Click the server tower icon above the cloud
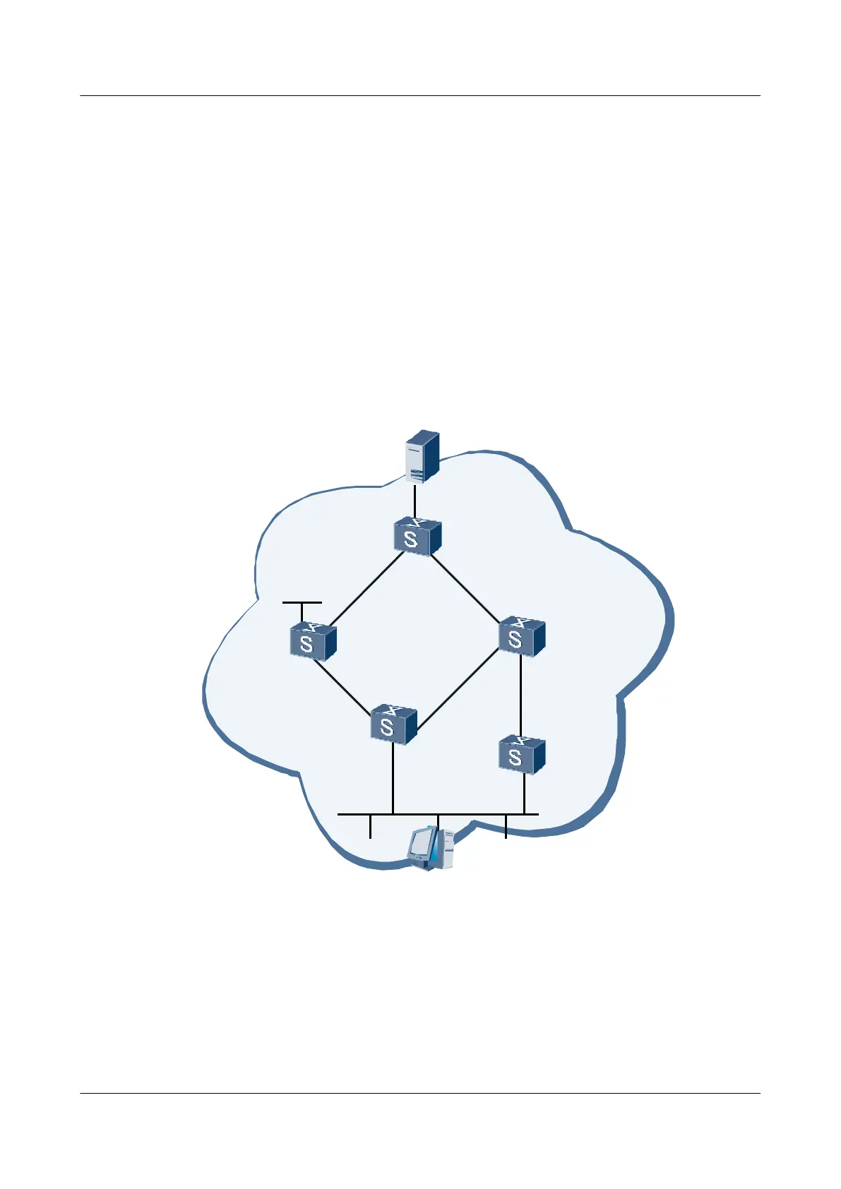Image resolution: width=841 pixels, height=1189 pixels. tap(422, 456)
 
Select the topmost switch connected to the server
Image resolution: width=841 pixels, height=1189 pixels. tap(417, 537)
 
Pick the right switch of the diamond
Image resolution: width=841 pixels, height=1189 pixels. tap(522, 637)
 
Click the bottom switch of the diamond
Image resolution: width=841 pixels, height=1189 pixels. tap(393, 724)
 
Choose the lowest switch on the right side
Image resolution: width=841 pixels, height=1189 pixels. tap(522, 755)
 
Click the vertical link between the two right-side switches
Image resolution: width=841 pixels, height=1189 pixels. tap(521, 696)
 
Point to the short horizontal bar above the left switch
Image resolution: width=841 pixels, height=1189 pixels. tap(302, 603)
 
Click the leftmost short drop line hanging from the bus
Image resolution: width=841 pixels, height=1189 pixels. tap(370, 826)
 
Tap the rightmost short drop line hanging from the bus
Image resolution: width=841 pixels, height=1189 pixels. tap(506, 826)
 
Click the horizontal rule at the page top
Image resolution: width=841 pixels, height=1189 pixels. tap(420, 95)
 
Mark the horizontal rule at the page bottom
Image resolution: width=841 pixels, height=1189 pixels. tap(420, 1094)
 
